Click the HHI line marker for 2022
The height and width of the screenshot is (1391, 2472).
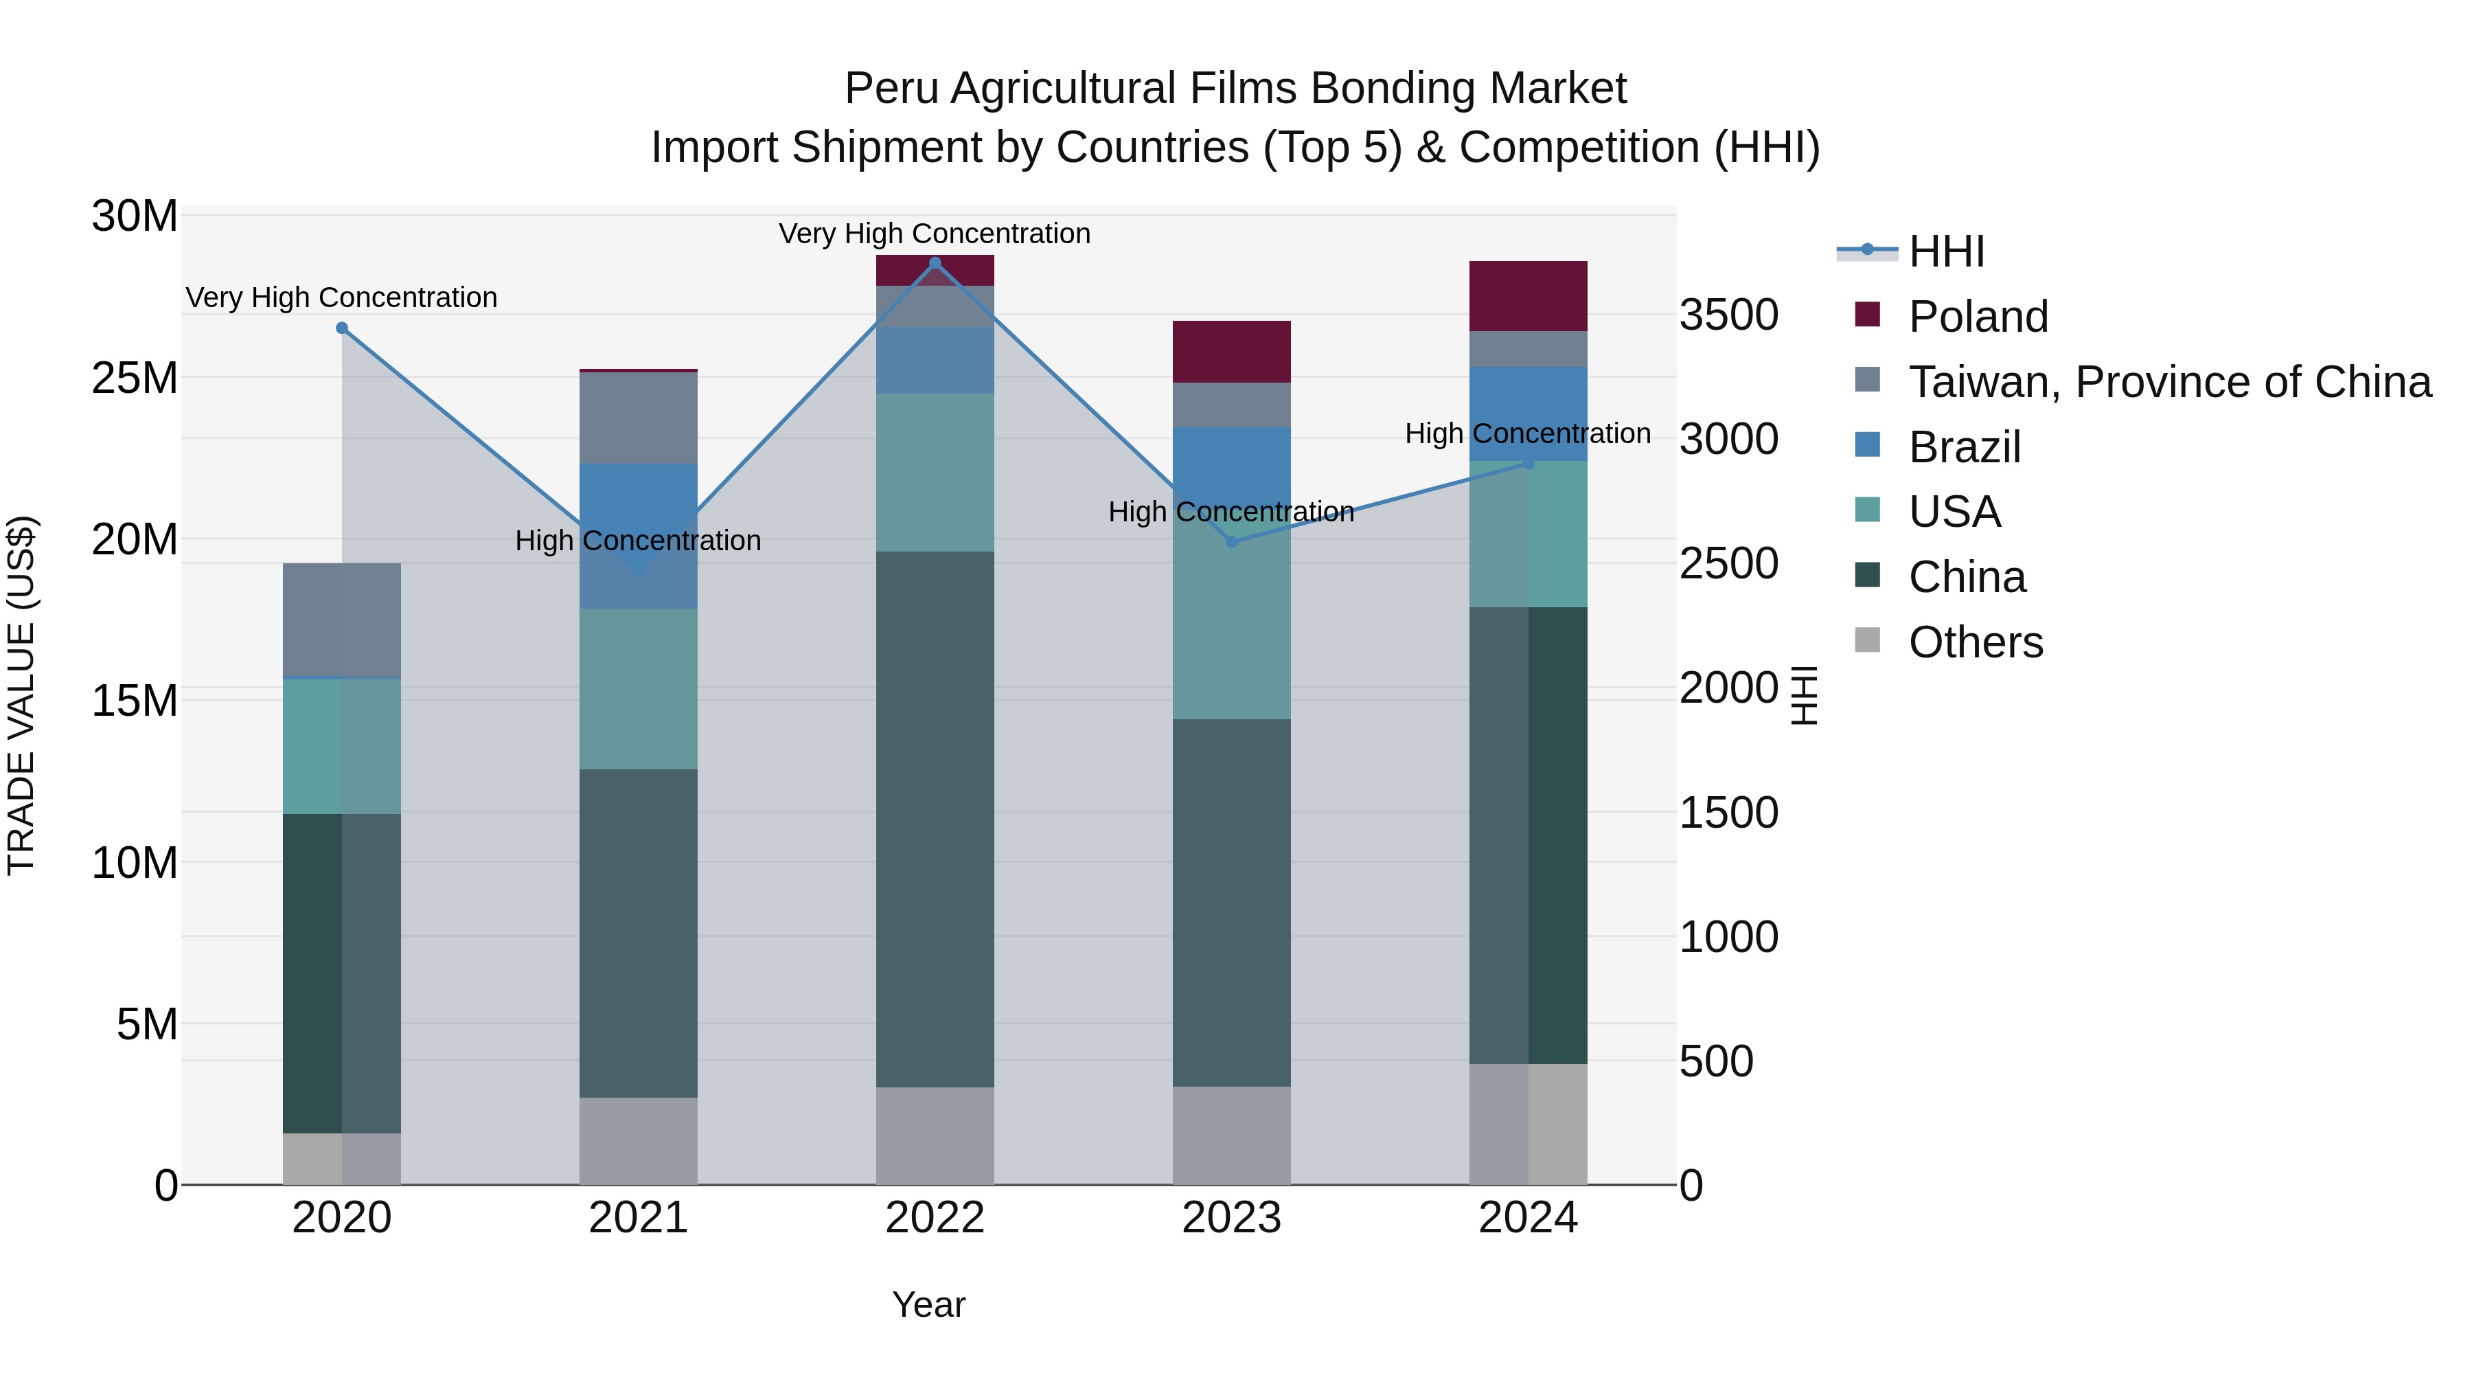coord(935,263)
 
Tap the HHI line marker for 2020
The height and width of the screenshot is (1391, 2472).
coord(342,328)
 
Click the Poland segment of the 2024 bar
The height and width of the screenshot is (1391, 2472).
coord(1528,295)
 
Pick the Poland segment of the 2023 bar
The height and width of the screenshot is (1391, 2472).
coord(1231,351)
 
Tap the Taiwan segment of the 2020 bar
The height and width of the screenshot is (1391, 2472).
coord(342,620)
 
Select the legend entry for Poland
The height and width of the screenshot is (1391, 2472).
coord(1977,317)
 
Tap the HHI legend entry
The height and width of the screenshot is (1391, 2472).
coord(1945,251)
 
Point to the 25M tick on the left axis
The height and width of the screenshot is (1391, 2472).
coord(135,378)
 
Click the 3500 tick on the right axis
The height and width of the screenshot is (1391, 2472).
coord(1728,315)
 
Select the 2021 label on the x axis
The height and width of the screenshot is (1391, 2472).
coord(638,1218)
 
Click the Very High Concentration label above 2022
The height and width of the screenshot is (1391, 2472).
coord(934,234)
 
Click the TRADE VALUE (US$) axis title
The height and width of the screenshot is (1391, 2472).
coord(21,695)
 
